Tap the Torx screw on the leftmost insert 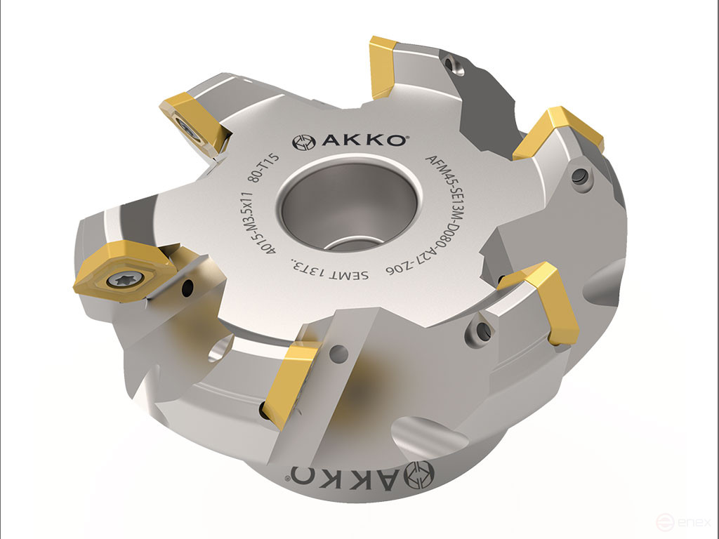pyautogui.click(x=118, y=280)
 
